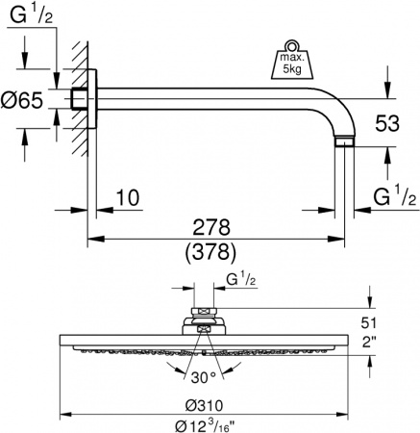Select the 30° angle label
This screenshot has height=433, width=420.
tap(203, 376)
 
